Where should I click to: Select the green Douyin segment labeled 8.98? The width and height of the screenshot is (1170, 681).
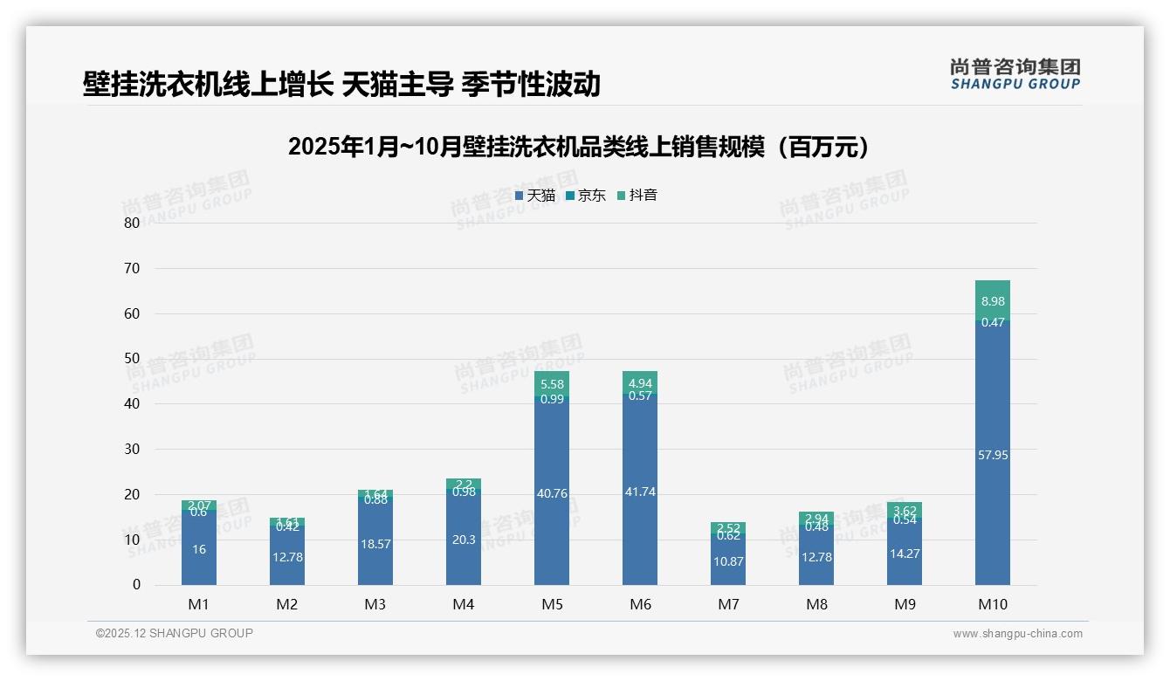992,300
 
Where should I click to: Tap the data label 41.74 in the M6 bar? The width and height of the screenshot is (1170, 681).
640,492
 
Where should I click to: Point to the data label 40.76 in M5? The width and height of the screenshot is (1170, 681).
552,494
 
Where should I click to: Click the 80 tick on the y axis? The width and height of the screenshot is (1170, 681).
132,223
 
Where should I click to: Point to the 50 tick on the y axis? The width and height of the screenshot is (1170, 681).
132,359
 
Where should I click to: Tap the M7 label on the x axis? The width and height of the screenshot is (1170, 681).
728,604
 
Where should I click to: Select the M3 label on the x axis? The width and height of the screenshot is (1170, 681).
375,604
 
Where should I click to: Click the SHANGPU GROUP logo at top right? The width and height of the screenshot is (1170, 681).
1015,74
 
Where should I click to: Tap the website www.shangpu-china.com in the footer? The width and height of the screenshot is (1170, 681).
1017,634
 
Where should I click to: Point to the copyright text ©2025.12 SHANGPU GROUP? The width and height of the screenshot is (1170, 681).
175,634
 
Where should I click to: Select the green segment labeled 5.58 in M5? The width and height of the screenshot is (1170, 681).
552,384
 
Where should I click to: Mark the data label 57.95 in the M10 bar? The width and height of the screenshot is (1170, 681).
992,455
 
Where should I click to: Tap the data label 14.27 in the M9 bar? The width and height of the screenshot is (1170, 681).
904,554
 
